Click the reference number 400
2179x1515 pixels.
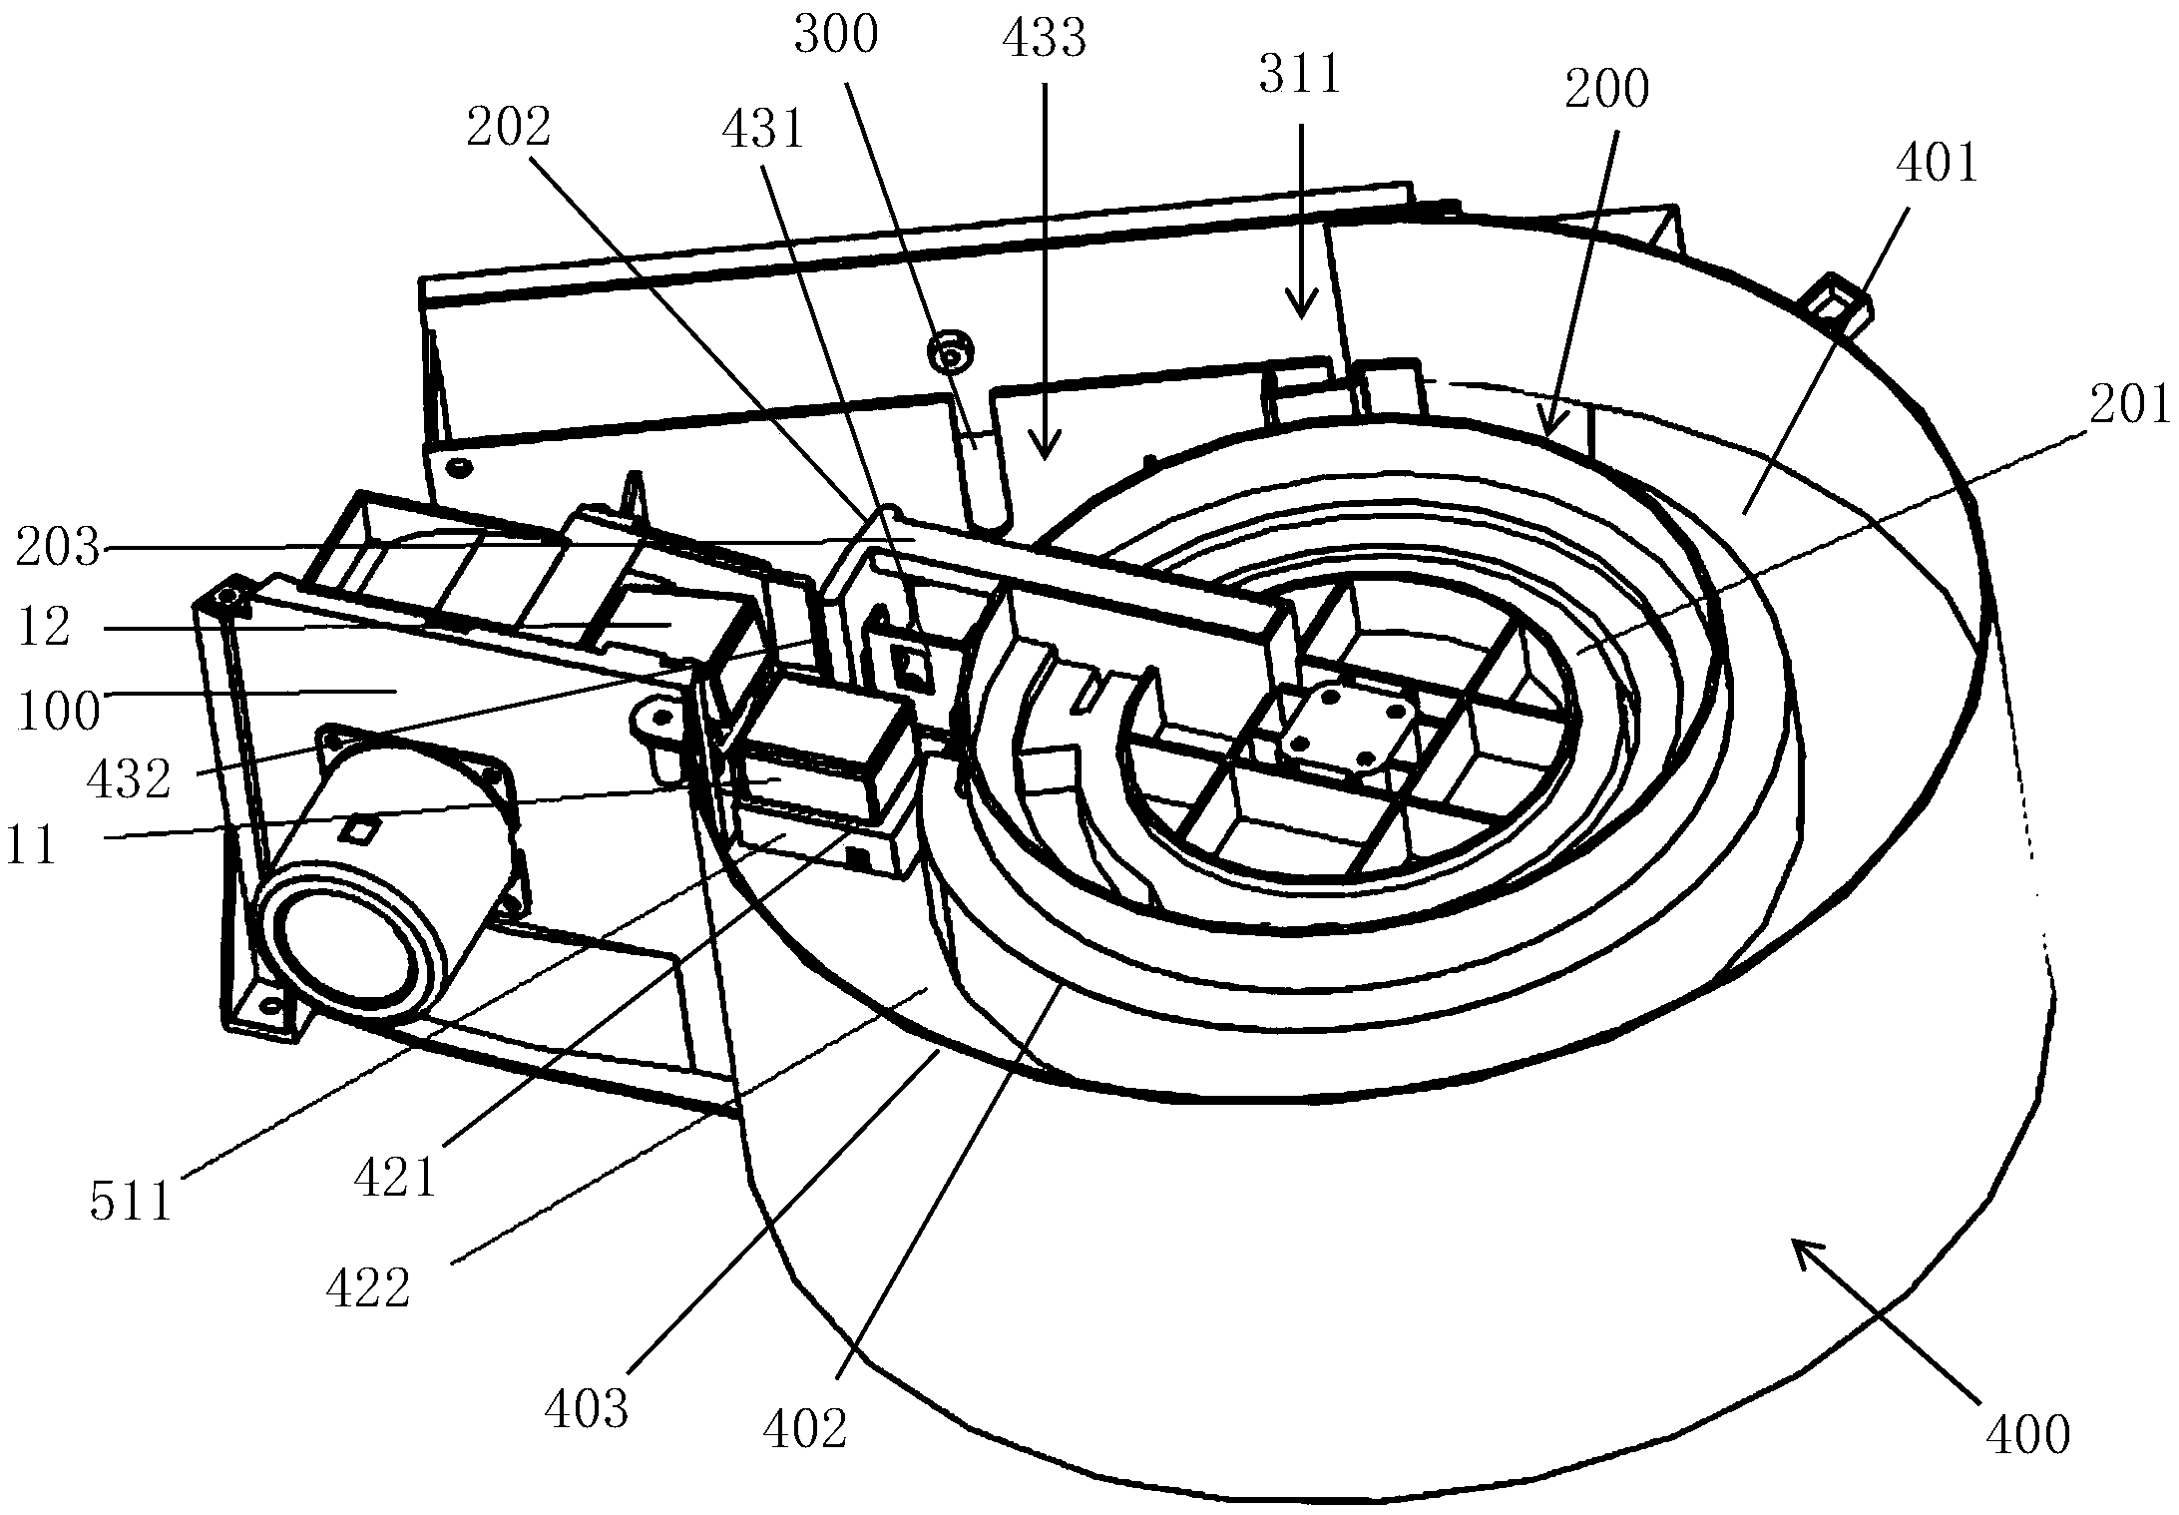(2027, 1435)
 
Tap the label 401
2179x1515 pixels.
(1938, 163)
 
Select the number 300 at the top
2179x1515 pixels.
(835, 35)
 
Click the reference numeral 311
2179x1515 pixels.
(1300, 76)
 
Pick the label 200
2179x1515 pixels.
(1606, 90)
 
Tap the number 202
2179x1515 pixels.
(509, 128)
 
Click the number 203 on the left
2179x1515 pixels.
(57, 548)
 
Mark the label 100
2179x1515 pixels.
(57, 712)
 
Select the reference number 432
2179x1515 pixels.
(128, 778)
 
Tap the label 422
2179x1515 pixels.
(367, 1287)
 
